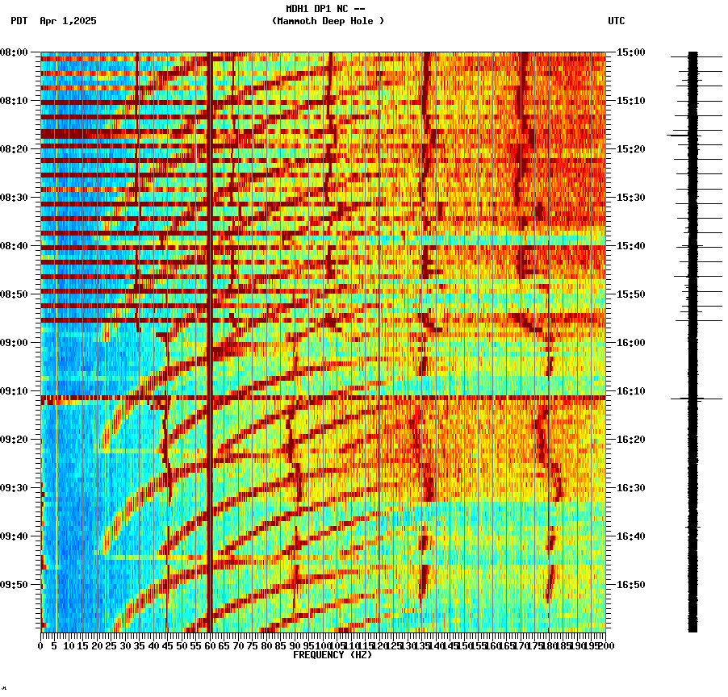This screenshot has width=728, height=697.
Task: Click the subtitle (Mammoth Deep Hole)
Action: coord(328,21)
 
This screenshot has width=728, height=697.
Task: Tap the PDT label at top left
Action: coord(19,21)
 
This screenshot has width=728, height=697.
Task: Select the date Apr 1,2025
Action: coord(68,21)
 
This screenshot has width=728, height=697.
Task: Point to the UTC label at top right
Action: coord(617,21)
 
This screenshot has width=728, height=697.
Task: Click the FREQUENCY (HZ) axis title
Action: coord(333,655)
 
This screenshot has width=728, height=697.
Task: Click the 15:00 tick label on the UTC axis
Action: coord(631,52)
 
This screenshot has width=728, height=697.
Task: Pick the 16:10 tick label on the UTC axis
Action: coord(631,391)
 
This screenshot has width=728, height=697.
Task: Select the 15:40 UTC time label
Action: coord(631,246)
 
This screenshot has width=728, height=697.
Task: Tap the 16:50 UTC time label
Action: coord(631,585)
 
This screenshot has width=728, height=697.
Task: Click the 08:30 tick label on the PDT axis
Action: coord(15,198)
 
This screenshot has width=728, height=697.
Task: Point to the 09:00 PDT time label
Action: coord(15,343)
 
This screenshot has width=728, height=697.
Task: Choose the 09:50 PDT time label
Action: coord(15,585)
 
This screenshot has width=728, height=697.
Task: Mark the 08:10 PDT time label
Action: coord(15,101)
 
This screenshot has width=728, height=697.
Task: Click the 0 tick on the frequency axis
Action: coord(41,646)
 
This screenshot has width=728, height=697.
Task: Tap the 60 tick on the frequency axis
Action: coord(210,646)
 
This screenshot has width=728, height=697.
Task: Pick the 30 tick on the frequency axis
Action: coord(125,646)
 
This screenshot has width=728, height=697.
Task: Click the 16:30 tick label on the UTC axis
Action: coord(631,488)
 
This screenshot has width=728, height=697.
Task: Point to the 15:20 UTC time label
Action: coord(631,149)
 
